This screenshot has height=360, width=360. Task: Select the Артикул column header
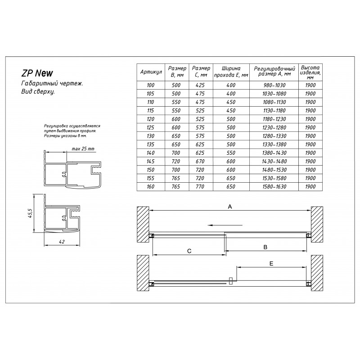coord(150,72)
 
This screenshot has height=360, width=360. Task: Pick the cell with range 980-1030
coord(274,85)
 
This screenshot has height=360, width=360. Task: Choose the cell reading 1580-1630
coord(274,186)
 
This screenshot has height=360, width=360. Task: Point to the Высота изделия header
coord(310,72)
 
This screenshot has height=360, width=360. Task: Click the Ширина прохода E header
coord(231,72)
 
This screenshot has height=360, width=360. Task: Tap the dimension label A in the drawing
coord(229,207)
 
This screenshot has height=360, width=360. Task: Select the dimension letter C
coord(189,250)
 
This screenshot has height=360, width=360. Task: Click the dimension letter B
coord(265,247)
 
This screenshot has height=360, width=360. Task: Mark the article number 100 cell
coord(150,85)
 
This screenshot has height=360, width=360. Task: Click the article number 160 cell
coord(150,186)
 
